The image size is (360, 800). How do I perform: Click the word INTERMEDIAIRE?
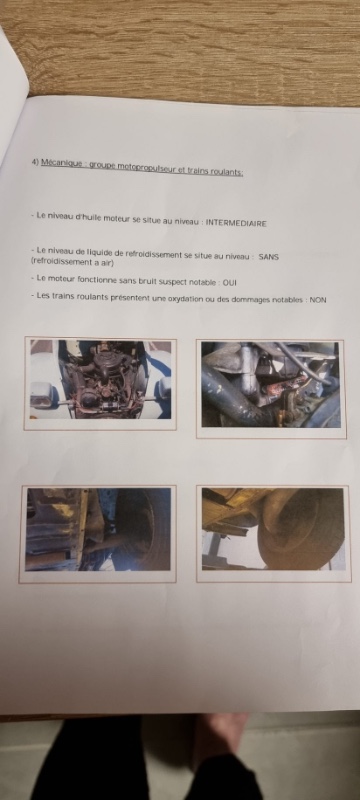coord(236,223)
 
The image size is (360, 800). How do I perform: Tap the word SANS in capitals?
coord(268,257)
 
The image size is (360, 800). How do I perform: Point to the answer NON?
coord(318,300)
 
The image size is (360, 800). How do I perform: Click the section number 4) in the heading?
coord(35,162)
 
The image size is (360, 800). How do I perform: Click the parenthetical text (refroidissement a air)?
coord(72,262)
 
